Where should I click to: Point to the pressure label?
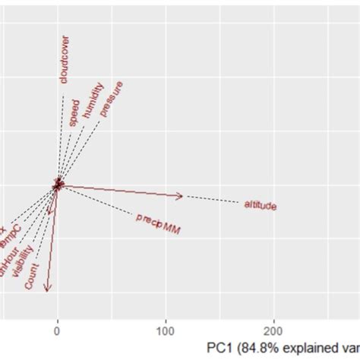click(111, 98)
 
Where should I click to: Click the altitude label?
click(260, 205)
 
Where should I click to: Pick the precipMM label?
click(158, 223)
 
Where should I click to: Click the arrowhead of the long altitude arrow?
click(180, 197)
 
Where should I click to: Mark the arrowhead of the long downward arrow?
click(48, 287)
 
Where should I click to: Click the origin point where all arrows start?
click(58, 185)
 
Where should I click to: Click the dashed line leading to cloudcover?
click(61, 137)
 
